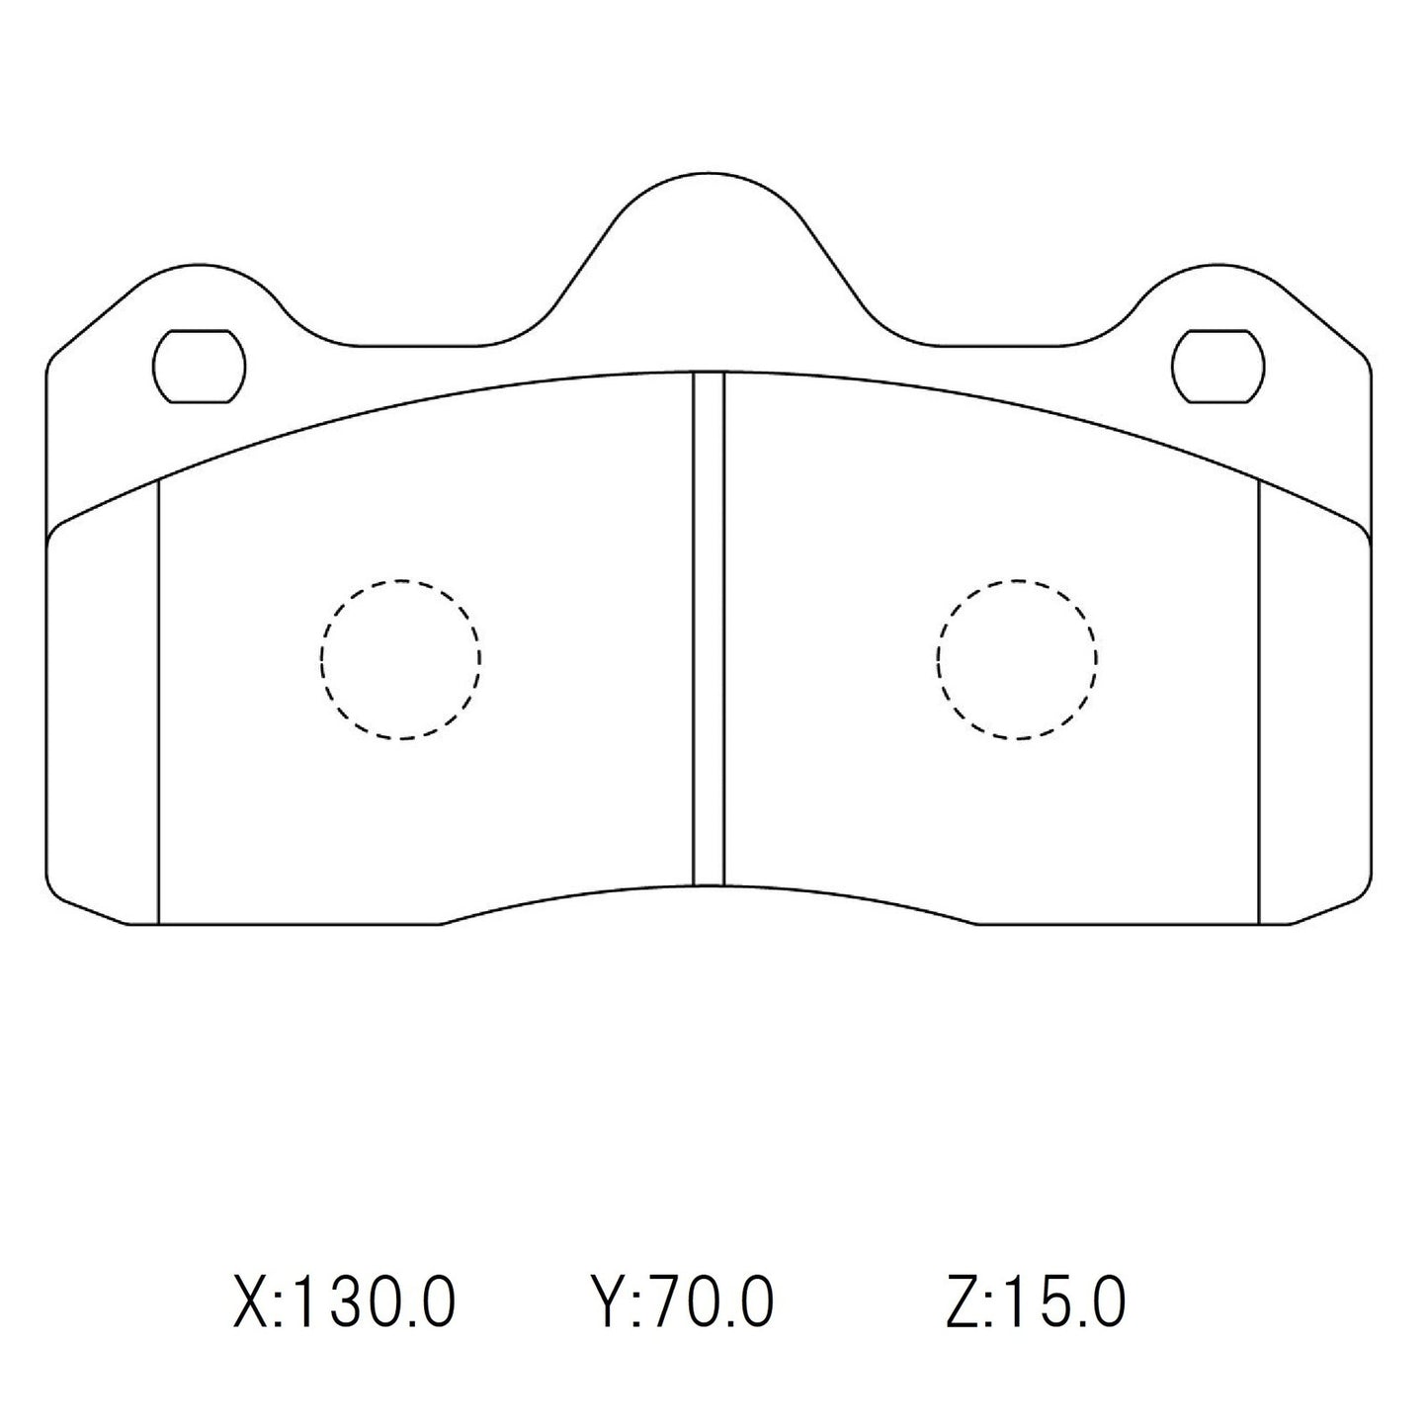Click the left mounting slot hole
(x=199, y=366)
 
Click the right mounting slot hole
(x=1218, y=366)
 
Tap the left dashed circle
(x=400, y=659)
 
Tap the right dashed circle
(x=1017, y=659)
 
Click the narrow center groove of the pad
(x=709, y=629)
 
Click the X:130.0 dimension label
(x=345, y=1302)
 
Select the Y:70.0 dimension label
(x=682, y=1302)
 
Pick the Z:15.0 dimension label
(x=1035, y=1302)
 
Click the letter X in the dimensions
(x=250, y=1302)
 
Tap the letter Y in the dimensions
(x=606, y=1302)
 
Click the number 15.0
(x=1062, y=1302)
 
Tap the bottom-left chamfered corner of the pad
(x=84, y=904)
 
